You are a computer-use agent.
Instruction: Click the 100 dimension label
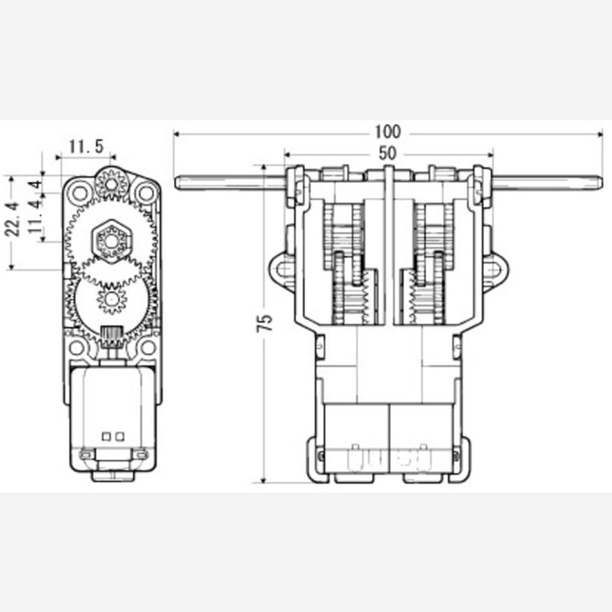(387, 132)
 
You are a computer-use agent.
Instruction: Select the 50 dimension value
(387, 152)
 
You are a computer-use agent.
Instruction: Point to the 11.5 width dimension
(86, 146)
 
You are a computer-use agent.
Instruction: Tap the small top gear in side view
(113, 183)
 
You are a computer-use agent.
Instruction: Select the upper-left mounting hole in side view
(80, 191)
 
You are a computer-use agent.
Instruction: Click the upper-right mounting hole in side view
(146, 191)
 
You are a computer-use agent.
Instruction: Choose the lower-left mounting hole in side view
(78, 347)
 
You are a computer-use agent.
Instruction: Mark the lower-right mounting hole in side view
(148, 347)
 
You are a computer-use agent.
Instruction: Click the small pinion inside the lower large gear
(112, 301)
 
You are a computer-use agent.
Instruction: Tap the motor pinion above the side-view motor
(111, 337)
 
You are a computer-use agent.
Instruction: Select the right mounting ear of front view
(492, 270)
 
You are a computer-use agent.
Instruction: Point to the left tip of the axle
(178, 183)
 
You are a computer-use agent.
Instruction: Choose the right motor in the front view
(421, 437)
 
